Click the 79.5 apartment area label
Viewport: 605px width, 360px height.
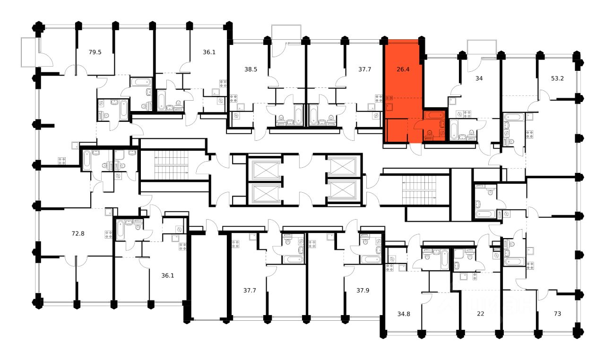pyautogui.click(x=95, y=52)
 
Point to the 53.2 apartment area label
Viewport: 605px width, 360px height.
pyautogui.click(x=557, y=78)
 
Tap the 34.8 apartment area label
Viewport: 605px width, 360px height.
pyautogui.click(x=404, y=314)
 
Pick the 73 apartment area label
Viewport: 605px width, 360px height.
pyautogui.click(x=557, y=314)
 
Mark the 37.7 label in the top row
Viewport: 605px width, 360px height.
pyautogui.click(x=364, y=69)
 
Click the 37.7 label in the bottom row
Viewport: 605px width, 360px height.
pyautogui.click(x=249, y=290)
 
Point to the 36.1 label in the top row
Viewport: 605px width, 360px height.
pyautogui.click(x=209, y=52)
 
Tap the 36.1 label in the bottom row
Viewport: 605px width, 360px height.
pyautogui.click(x=168, y=275)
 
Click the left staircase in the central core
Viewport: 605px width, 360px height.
pyautogui.click(x=172, y=165)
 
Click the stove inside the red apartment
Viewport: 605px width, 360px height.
pyautogui.click(x=390, y=99)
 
